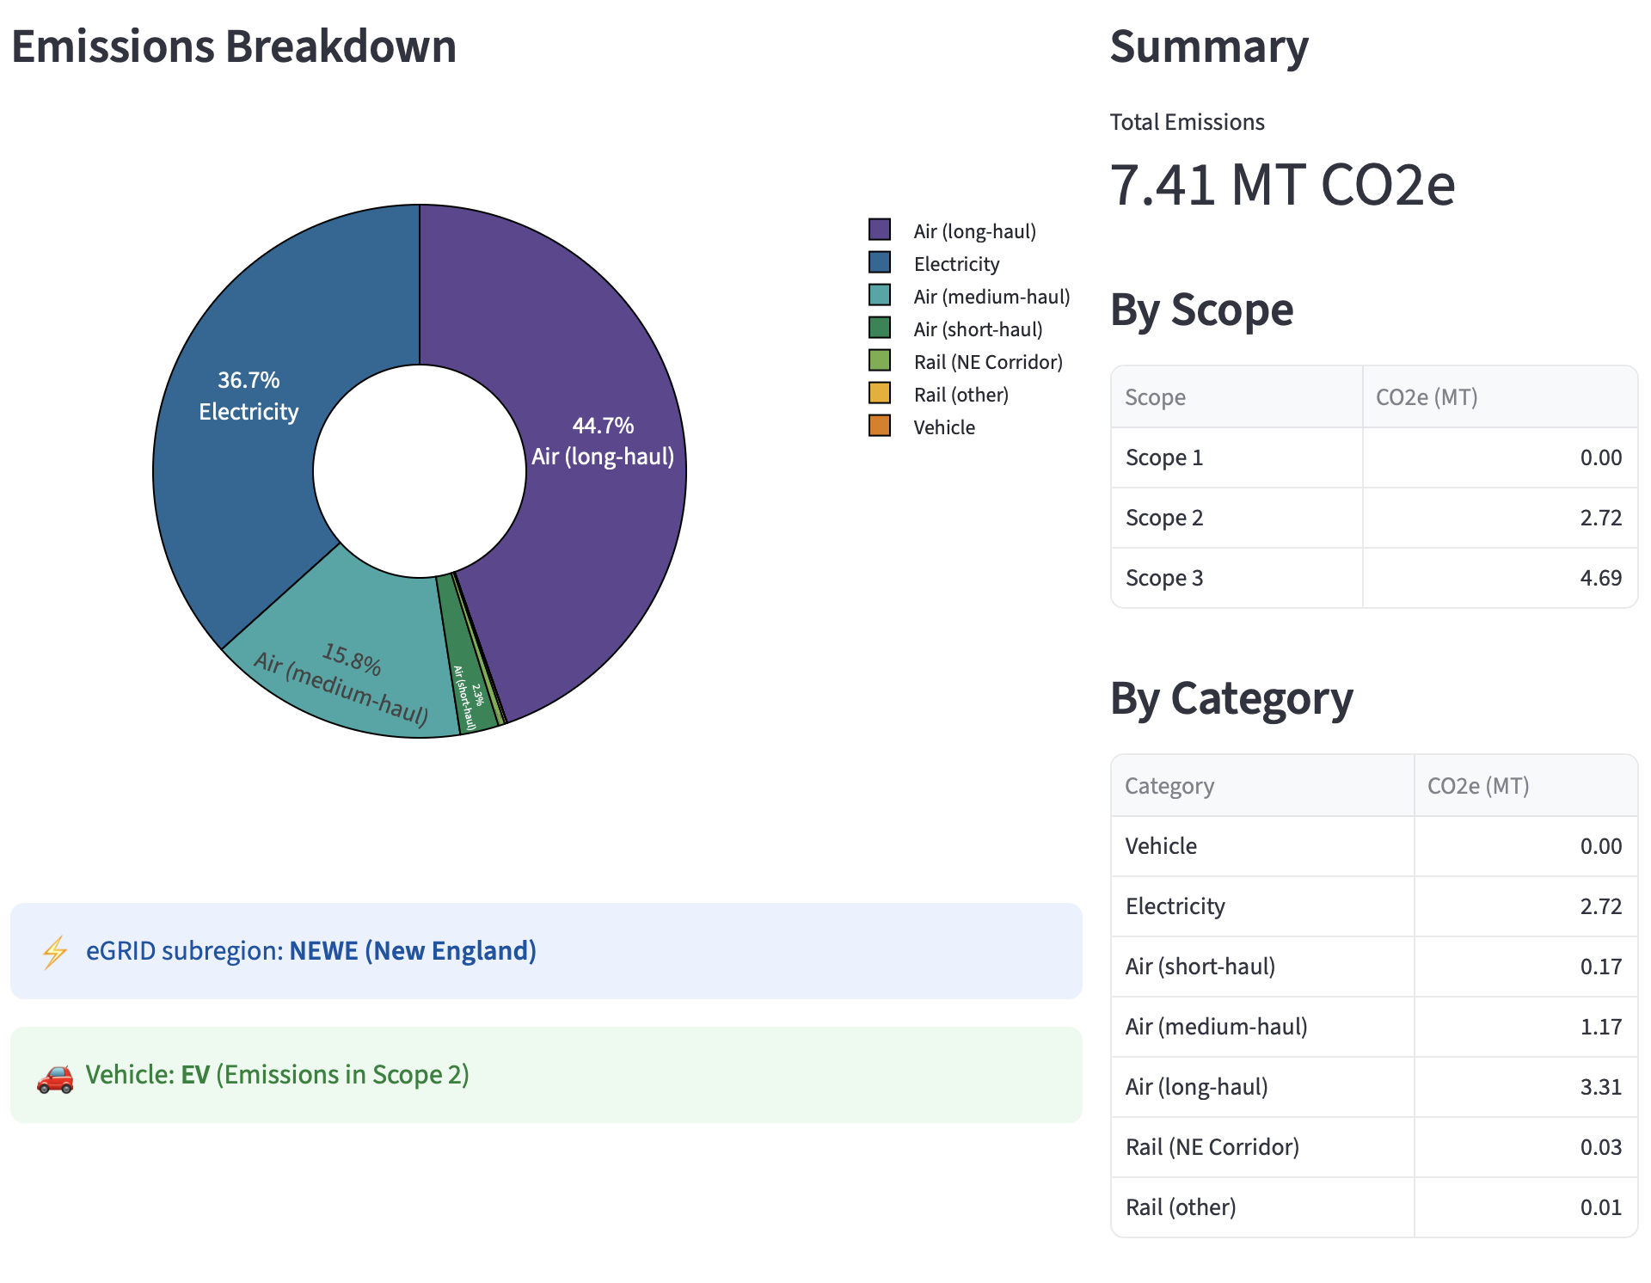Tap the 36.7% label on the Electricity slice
249,380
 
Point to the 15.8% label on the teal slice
351,659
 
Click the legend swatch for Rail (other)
880,394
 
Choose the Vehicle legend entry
943,427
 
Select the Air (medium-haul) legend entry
991,297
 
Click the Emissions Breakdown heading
234,46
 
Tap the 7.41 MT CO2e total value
1281,185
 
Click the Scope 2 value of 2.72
1600,518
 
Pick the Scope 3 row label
1164,578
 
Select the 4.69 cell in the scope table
1600,578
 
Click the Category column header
1169,786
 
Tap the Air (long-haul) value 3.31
1600,1087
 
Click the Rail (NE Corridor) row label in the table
1212,1147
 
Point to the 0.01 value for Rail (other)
1600,1207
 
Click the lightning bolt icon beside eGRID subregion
55,952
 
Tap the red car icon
55,1077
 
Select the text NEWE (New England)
413,951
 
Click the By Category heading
1231,698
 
